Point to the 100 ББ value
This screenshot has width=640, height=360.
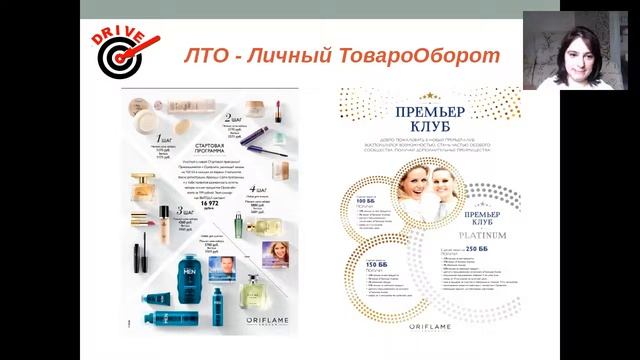tap(367, 202)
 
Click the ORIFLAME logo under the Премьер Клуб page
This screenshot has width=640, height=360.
tap(430, 323)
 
